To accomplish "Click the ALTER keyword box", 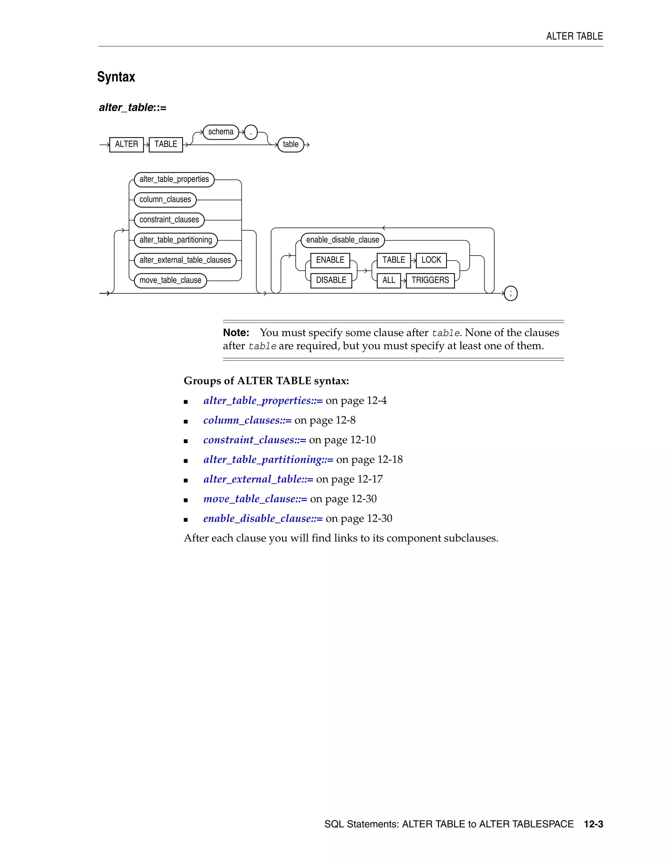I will (x=126, y=144).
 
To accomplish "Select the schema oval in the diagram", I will (x=221, y=132).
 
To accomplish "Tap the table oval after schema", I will (x=290, y=145).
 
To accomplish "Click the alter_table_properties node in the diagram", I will (x=174, y=180).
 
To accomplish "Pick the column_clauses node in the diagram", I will (x=165, y=200).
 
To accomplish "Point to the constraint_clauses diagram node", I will (x=169, y=220).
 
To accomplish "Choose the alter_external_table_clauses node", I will (x=185, y=260).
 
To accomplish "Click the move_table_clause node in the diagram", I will (x=171, y=280).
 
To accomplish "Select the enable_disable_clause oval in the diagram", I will (x=342, y=240).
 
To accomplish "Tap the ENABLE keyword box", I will (x=330, y=260).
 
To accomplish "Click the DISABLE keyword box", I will (x=331, y=280).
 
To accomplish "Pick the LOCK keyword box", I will (x=431, y=260).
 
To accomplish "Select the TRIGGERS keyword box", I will (x=430, y=280).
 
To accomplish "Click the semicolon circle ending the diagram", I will (x=511, y=293).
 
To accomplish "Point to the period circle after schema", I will (x=251, y=132).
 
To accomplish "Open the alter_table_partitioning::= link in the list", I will (x=268, y=460).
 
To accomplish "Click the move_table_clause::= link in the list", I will (x=255, y=499).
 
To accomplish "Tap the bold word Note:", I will (x=236, y=333).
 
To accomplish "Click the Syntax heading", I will (x=116, y=77).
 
